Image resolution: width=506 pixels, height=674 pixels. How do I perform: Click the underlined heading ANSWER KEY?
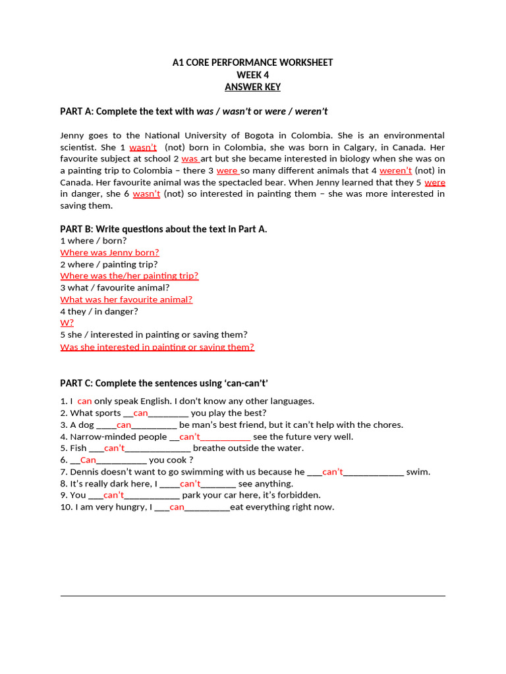pyautogui.click(x=252, y=87)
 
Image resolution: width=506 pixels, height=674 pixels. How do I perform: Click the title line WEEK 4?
pyautogui.click(x=252, y=75)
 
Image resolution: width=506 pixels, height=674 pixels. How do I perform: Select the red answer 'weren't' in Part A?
pyautogui.click(x=395, y=170)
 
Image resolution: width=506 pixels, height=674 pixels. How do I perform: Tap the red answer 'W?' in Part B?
pyautogui.click(x=67, y=323)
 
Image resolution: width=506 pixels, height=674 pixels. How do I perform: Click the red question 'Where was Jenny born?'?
pyautogui.click(x=109, y=252)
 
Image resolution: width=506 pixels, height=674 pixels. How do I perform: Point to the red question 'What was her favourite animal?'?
pyautogui.click(x=126, y=299)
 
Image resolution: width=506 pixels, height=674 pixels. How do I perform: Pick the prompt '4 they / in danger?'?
pyautogui.click(x=99, y=311)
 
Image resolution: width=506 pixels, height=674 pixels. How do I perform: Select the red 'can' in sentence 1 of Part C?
pyautogui.click(x=84, y=401)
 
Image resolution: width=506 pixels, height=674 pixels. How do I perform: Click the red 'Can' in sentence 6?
pyautogui.click(x=88, y=460)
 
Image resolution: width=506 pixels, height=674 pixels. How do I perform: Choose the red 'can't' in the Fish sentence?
pyautogui.click(x=114, y=448)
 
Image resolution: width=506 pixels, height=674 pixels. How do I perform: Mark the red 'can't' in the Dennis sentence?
pyautogui.click(x=333, y=472)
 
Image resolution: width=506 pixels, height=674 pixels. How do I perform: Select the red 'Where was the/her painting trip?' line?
pyautogui.click(x=129, y=276)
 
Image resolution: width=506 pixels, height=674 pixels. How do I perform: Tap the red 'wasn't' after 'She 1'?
pyautogui.click(x=143, y=147)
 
